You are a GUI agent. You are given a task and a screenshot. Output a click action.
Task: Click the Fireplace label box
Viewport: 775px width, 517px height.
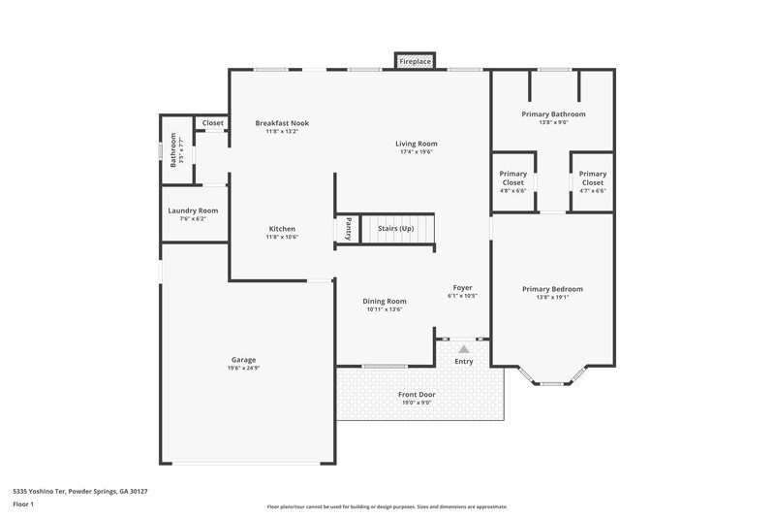(x=415, y=61)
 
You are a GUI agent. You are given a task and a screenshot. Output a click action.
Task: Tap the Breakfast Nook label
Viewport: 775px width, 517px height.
(x=282, y=123)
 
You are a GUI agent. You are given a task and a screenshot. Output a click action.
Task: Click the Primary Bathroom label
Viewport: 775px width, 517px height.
(x=553, y=113)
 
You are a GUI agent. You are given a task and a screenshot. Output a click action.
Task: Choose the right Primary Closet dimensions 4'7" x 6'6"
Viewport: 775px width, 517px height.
(x=592, y=191)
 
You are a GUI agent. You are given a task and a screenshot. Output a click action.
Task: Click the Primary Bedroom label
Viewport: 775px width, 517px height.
(x=552, y=289)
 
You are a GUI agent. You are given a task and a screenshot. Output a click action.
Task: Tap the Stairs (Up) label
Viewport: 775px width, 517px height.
(x=394, y=228)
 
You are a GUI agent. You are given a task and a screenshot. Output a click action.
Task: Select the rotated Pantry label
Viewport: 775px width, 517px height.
(x=348, y=229)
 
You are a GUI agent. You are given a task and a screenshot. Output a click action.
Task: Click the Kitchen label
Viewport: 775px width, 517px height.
(x=282, y=229)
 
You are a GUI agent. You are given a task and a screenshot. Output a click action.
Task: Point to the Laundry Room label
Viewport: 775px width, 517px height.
(x=193, y=210)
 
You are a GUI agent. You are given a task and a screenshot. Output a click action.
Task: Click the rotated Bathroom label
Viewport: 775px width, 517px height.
(x=173, y=150)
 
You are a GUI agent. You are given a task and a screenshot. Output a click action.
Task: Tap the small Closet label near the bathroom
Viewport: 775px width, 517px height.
(x=212, y=123)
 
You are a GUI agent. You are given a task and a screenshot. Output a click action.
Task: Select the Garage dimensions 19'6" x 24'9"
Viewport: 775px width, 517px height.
(x=243, y=368)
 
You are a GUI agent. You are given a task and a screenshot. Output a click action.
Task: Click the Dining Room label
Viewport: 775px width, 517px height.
(x=385, y=301)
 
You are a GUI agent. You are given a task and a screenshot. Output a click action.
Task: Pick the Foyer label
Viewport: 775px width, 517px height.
(x=463, y=287)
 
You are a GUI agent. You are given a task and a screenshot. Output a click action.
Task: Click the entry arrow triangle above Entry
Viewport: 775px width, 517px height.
(x=464, y=348)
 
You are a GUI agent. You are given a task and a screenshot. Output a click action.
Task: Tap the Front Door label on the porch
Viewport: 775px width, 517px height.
(x=418, y=394)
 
